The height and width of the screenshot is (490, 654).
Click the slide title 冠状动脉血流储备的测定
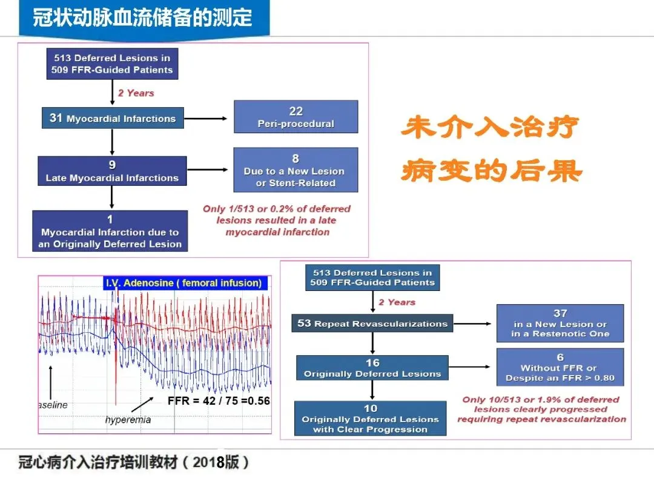(x=143, y=18)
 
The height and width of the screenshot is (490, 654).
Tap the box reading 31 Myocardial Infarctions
(x=113, y=119)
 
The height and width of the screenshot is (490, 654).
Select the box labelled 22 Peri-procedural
(x=296, y=117)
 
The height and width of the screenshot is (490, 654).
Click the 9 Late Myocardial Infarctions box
(x=112, y=171)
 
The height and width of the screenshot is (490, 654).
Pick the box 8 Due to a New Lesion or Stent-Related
(x=295, y=171)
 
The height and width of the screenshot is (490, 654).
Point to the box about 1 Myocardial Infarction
(x=110, y=231)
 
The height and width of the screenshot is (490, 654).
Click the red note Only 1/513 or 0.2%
(x=277, y=220)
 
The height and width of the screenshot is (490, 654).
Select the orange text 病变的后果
(x=491, y=171)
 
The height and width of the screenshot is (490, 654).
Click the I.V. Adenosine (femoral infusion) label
(x=183, y=283)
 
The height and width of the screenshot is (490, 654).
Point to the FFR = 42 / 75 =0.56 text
(x=219, y=401)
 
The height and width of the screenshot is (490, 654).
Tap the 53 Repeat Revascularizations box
(x=372, y=324)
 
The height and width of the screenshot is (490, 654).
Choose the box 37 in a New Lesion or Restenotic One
(x=560, y=324)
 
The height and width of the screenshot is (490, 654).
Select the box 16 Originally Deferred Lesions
(x=372, y=368)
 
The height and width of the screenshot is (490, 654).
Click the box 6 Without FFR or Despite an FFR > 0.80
(x=560, y=367)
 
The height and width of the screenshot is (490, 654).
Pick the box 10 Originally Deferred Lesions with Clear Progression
(x=371, y=419)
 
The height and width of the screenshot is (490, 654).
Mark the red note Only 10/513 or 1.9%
(x=541, y=409)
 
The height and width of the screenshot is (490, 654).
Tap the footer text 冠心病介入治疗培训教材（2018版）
(x=134, y=463)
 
